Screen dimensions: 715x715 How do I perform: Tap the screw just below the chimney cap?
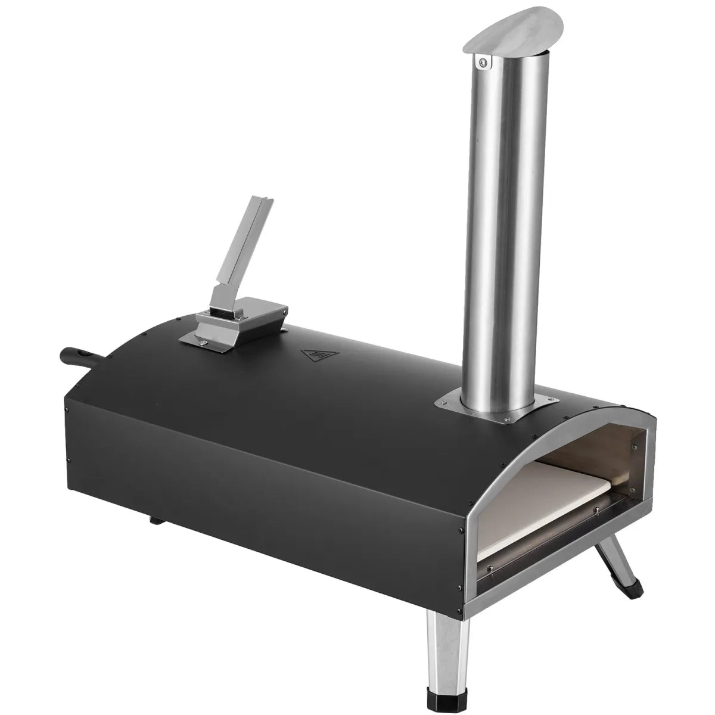484,60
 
